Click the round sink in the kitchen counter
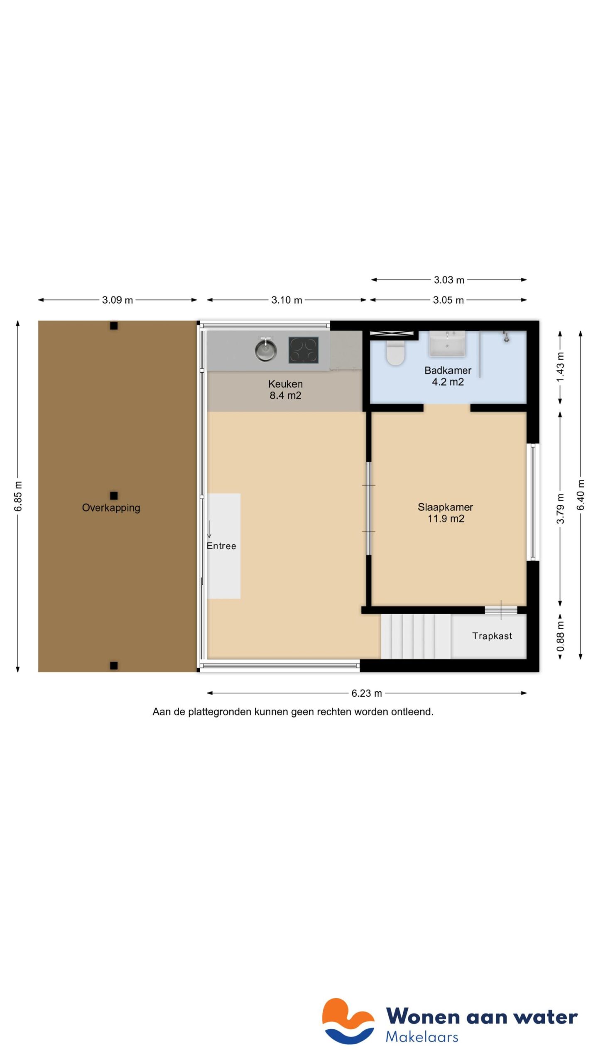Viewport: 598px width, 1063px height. click(x=266, y=350)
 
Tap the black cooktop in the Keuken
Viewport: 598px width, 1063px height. click(x=304, y=350)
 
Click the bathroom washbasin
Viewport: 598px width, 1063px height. click(x=447, y=344)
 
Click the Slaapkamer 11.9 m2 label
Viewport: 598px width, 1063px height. click(x=445, y=512)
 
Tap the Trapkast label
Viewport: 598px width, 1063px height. click(x=492, y=636)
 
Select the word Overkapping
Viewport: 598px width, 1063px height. click(x=111, y=507)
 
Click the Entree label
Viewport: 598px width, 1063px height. click(x=221, y=546)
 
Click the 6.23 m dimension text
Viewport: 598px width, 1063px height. click(x=366, y=693)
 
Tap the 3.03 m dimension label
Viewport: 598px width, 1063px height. click(x=448, y=280)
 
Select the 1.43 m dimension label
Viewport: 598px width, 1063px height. click(x=560, y=367)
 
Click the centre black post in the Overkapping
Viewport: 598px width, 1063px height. click(x=114, y=495)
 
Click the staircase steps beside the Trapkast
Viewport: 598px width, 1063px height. click(x=415, y=636)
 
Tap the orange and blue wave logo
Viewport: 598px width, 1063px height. click(x=348, y=1021)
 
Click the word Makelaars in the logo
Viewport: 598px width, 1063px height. click(x=422, y=1037)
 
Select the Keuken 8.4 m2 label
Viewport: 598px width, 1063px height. click(x=285, y=389)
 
